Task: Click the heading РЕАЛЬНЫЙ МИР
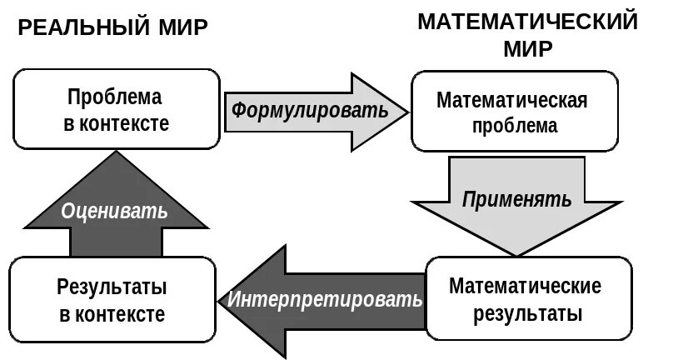(x=113, y=28)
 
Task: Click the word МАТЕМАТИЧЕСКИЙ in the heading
(x=527, y=22)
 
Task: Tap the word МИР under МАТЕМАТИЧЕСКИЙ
(x=527, y=49)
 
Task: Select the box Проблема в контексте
(x=115, y=110)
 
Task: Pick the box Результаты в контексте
(x=112, y=300)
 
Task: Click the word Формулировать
(x=309, y=110)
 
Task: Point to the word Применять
(x=516, y=199)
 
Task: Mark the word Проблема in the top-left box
(x=115, y=96)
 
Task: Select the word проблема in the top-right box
(x=514, y=127)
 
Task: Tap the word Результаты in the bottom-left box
(x=112, y=287)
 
